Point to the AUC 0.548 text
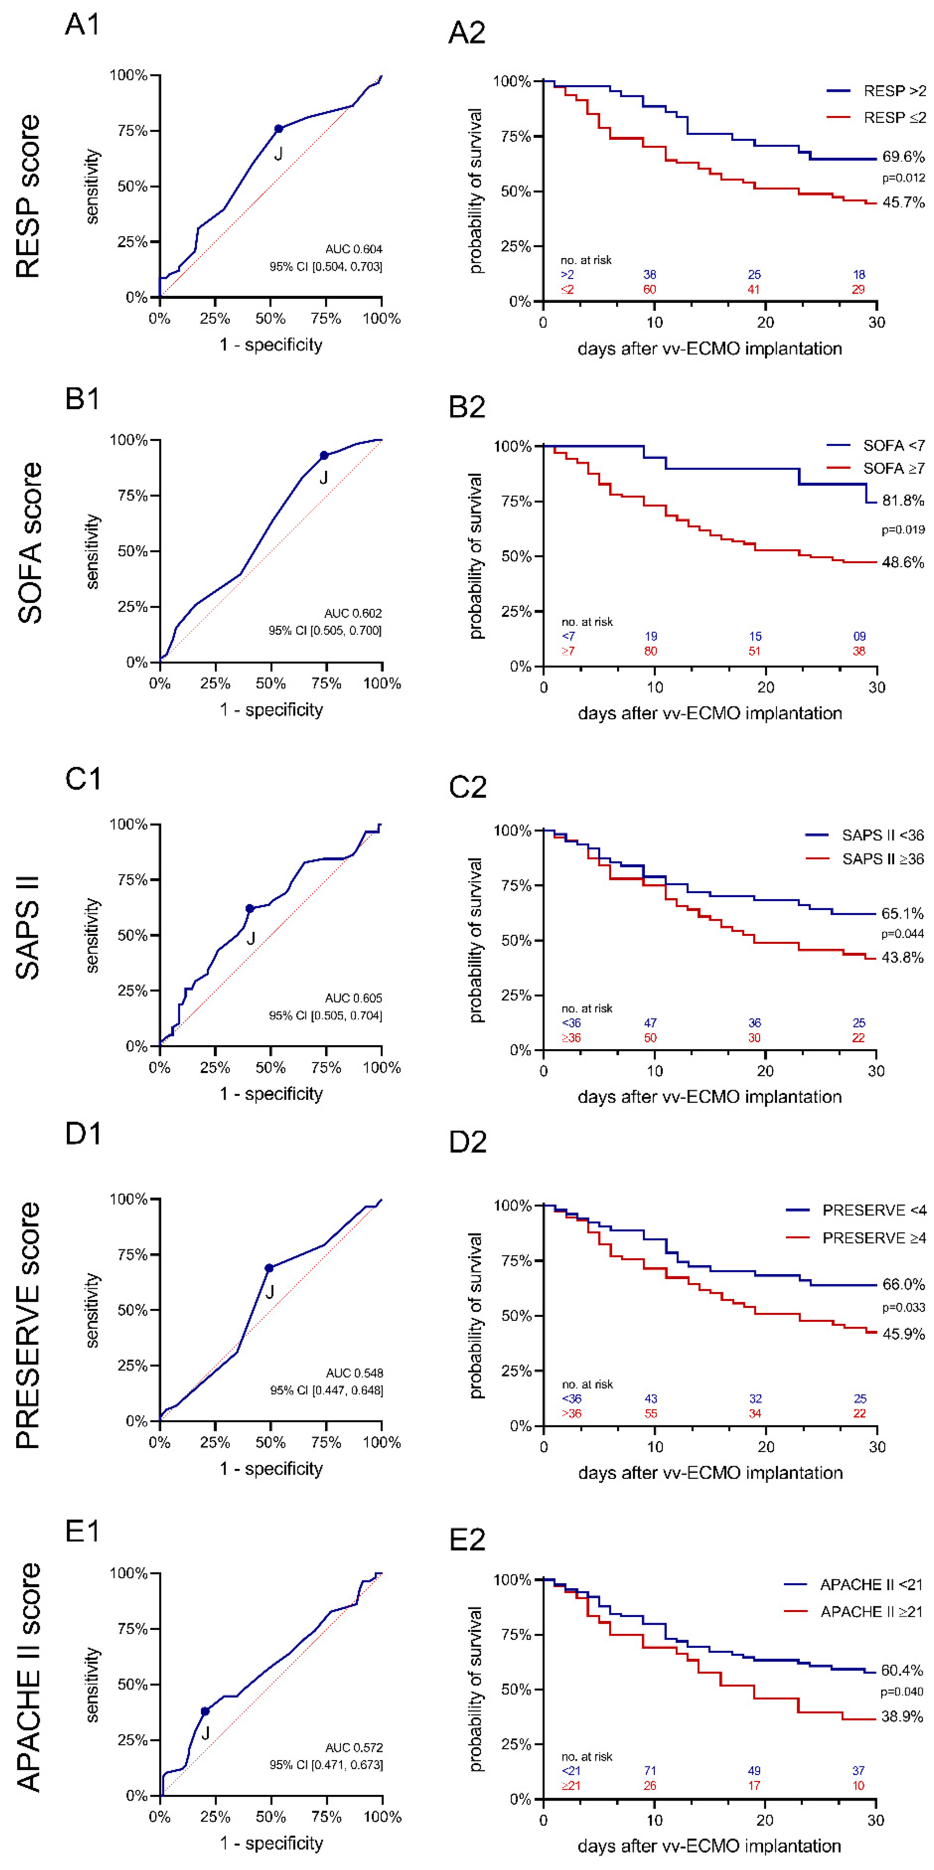click(x=354, y=1373)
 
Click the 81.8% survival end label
click(x=903, y=500)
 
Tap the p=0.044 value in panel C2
click(x=903, y=933)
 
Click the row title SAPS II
click(x=28, y=928)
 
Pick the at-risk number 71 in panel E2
click(x=650, y=1770)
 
